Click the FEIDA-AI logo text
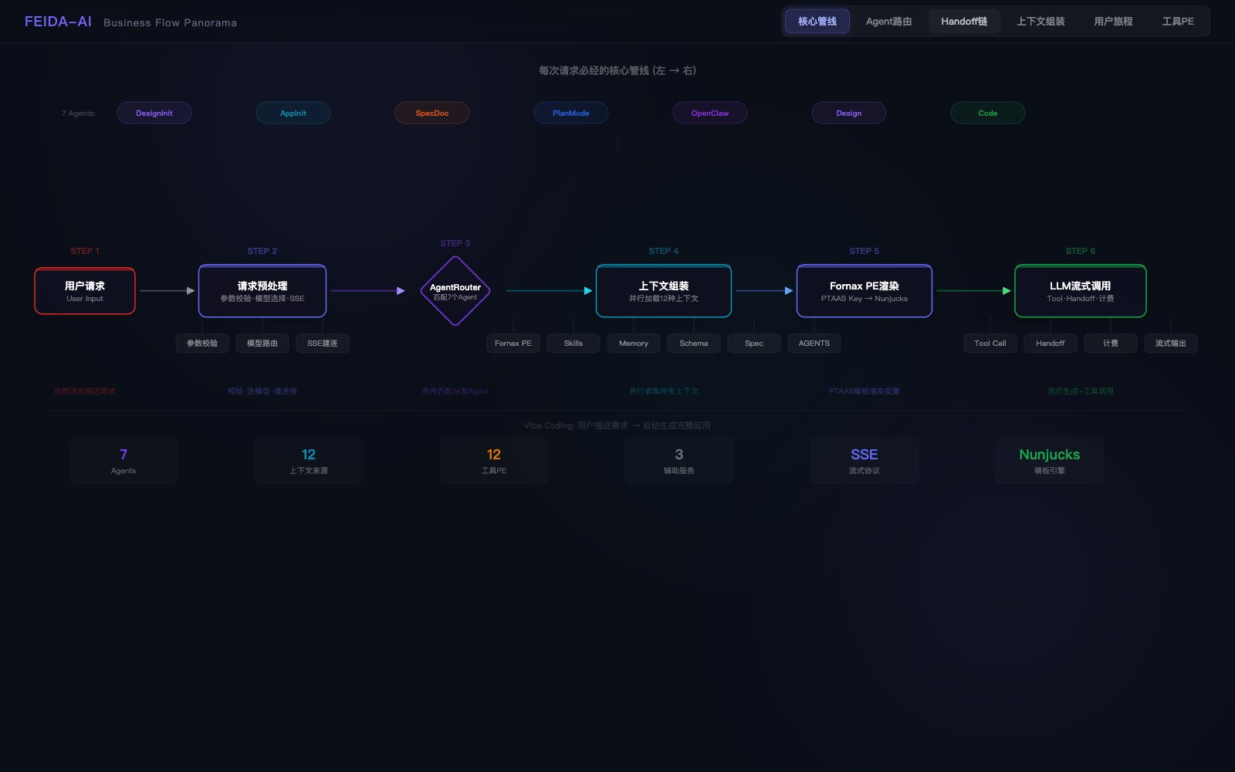pos(58,22)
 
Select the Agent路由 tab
pos(888,22)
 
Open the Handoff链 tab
pos(964,22)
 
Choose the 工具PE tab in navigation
pos(1177,22)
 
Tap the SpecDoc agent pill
pos(431,113)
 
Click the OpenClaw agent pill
pos(709,113)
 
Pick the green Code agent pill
pos(987,113)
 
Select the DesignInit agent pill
pos(154,113)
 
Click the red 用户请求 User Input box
pos(85,291)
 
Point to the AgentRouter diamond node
pos(455,291)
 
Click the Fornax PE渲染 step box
pos(864,291)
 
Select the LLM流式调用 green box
pos(1080,291)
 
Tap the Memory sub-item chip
pos(634,344)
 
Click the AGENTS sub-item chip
pos(814,344)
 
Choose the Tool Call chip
pos(990,344)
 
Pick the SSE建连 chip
pos(323,344)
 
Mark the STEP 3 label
pos(455,243)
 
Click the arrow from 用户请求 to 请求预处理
pos(167,291)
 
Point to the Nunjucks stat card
pos(1049,461)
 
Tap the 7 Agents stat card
pos(123,461)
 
